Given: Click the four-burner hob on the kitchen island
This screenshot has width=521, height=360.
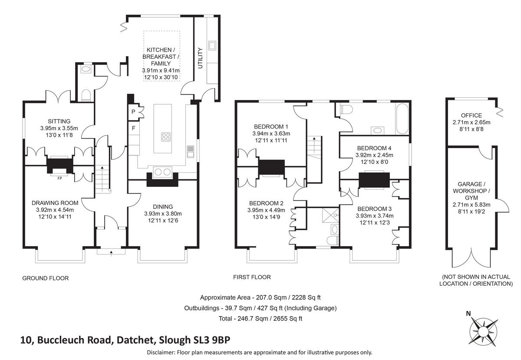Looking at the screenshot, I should point(166,137).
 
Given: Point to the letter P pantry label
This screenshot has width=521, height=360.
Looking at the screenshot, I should point(133,112).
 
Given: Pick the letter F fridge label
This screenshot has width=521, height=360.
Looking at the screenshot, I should point(133,129).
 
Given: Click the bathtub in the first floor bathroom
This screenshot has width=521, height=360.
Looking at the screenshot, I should point(401,119).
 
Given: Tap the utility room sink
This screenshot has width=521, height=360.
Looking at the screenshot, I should point(213,45).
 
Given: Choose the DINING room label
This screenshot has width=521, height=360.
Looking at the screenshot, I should point(163,207).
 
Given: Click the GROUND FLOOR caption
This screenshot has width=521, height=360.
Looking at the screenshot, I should point(46,278).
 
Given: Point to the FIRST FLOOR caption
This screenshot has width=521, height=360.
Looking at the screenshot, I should point(252,277).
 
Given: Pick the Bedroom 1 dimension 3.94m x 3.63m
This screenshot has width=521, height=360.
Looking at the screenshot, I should point(271,134).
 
